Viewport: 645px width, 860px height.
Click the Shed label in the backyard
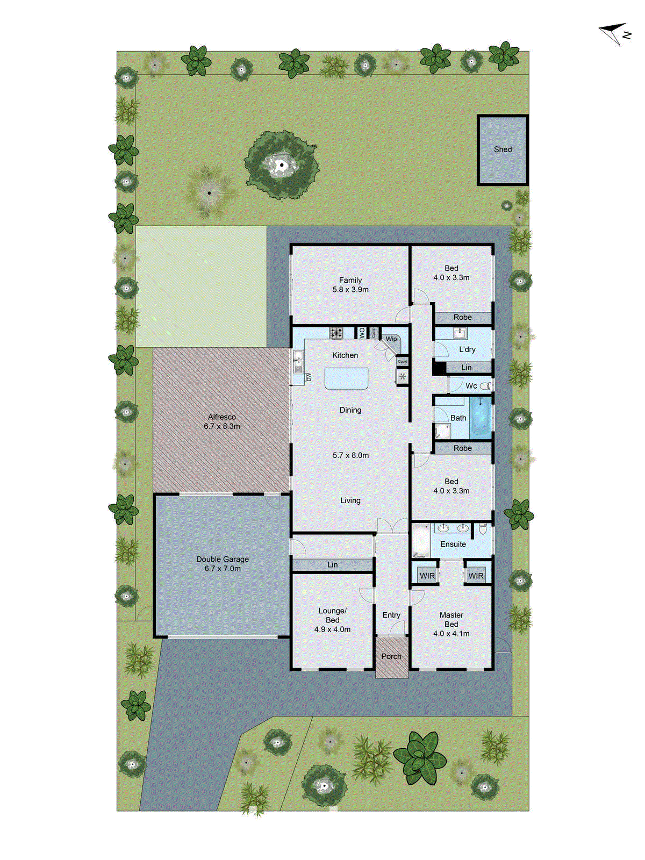point(503,149)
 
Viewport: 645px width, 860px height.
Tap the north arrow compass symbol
point(614,33)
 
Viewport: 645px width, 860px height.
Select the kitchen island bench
point(346,378)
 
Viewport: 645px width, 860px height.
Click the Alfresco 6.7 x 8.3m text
point(221,421)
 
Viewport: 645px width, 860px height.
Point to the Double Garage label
point(222,559)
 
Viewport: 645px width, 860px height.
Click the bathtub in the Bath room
point(481,418)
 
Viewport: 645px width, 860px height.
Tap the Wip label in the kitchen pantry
point(391,339)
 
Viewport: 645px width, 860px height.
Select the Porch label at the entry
point(391,656)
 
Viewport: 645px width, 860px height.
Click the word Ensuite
point(453,544)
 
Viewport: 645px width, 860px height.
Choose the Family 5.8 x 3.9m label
point(350,285)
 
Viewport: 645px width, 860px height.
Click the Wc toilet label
point(471,386)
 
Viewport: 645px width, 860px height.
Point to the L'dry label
point(467,349)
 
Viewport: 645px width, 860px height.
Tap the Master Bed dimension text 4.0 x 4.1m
point(451,634)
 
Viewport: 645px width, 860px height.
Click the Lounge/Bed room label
point(332,615)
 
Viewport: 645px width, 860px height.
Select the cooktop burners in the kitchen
point(336,333)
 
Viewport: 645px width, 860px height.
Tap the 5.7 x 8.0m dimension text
point(350,455)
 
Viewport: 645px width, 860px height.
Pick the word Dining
point(350,410)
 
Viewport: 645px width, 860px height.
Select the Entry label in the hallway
point(391,615)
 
